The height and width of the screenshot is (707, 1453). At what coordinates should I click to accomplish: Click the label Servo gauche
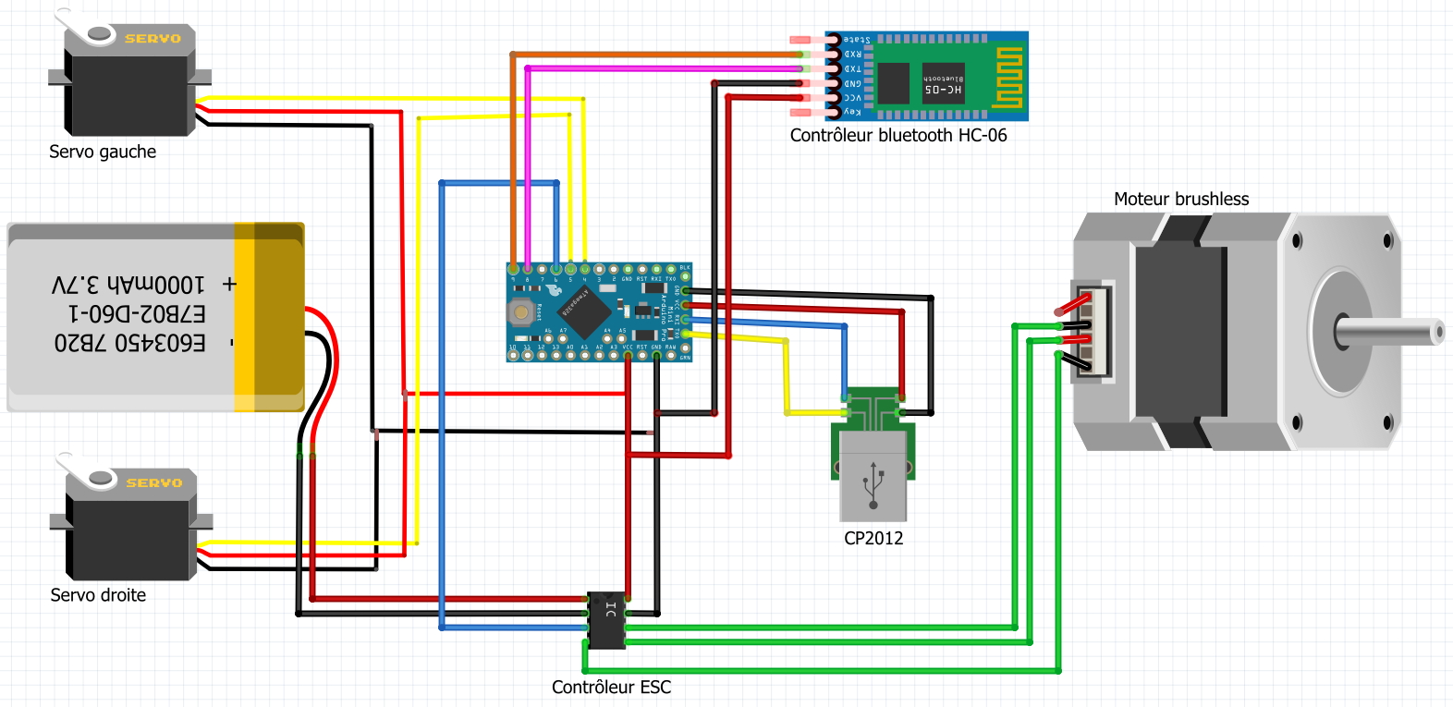[x=103, y=152]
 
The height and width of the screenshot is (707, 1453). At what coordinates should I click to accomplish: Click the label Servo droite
[x=98, y=596]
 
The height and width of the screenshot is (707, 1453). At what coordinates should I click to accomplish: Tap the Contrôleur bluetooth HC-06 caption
[x=897, y=136]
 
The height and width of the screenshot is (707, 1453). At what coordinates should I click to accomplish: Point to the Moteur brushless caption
[x=1180, y=200]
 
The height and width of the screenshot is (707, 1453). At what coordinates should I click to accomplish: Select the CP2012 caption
[x=873, y=539]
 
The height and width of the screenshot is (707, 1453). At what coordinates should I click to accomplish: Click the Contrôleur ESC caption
[x=611, y=688]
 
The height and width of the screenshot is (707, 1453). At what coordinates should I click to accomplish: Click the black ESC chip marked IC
[x=607, y=619]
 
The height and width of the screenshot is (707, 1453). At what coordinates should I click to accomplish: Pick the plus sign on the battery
[x=229, y=285]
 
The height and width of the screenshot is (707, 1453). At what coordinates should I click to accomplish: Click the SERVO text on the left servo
[x=153, y=39]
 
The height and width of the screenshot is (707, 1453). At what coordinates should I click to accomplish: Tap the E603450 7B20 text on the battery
[x=129, y=344]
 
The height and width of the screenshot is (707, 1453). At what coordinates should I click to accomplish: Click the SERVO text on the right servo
[x=153, y=483]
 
